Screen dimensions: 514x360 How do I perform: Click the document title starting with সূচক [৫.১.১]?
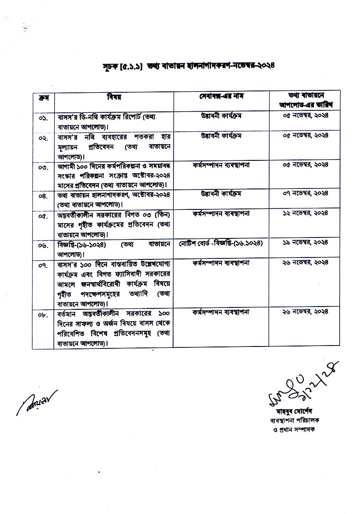point(188,65)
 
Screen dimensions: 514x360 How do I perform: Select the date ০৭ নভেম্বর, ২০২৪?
point(306,195)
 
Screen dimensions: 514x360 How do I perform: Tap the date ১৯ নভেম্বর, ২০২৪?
point(306,244)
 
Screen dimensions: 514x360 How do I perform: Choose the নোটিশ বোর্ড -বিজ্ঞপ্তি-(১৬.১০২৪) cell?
point(221,244)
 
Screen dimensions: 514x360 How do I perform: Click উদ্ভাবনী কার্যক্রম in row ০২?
point(221,136)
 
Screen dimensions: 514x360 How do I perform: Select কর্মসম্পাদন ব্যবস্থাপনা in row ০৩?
point(221,166)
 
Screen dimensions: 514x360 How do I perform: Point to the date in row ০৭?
point(306,263)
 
